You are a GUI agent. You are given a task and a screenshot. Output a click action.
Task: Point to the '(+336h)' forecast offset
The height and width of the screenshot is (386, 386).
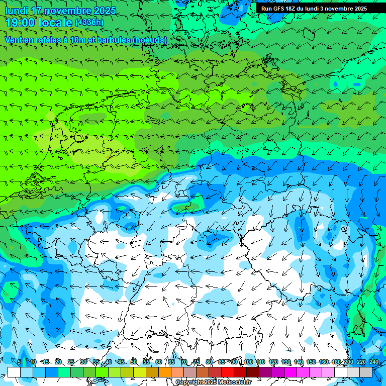(89, 23)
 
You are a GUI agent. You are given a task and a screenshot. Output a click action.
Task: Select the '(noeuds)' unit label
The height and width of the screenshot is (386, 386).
(150, 40)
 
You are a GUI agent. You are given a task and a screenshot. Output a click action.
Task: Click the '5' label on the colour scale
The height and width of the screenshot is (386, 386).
(19, 362)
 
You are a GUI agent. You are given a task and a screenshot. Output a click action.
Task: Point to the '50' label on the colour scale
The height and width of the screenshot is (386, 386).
(134, 362)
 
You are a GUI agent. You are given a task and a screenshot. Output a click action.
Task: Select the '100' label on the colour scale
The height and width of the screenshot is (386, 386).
(248, 362)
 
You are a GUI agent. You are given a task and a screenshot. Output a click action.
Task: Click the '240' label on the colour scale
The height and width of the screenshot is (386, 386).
(374, 362)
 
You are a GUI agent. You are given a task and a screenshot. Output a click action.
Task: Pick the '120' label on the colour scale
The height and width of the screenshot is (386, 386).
(273, 362)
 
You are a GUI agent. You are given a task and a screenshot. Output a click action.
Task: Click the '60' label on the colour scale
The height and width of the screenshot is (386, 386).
(159, 362)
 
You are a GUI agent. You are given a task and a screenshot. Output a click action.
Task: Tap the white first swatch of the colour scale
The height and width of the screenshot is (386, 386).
(14, 372)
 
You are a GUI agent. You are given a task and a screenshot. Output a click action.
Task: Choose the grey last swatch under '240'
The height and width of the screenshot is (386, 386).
(366, 372)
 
